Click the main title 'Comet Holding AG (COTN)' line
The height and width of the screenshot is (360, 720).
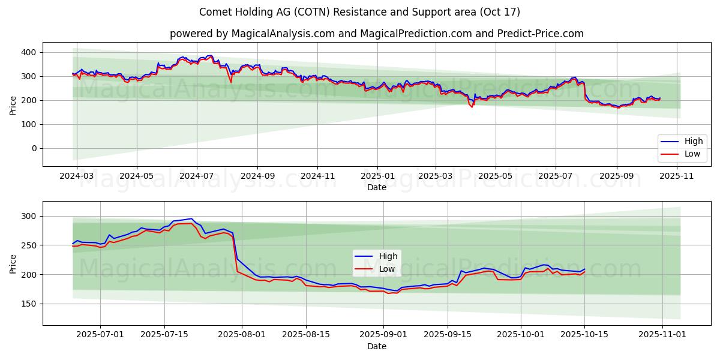pyautogui.click(x=359, y=12)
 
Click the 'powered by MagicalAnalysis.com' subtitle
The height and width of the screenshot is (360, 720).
pyautogui.click(x=376, y=34)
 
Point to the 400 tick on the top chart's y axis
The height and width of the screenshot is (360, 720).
pyautogui.click(x=29, y=52)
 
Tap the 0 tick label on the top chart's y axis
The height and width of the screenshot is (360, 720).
pyautogui.click(x=34, y=148)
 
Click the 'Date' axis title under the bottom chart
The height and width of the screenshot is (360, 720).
pyautogui.click(x=377, y=346)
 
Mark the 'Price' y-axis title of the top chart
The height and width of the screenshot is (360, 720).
pyautogui.click(x=13, y=105)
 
